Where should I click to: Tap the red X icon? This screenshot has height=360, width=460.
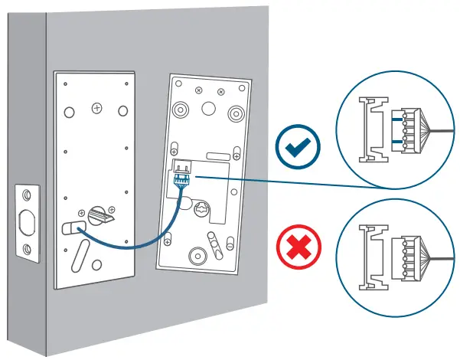[x=299, y=249]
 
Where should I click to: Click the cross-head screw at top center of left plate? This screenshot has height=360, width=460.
[x=96, y=109]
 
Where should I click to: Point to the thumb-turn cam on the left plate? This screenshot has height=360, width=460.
[x=98, y=214]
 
